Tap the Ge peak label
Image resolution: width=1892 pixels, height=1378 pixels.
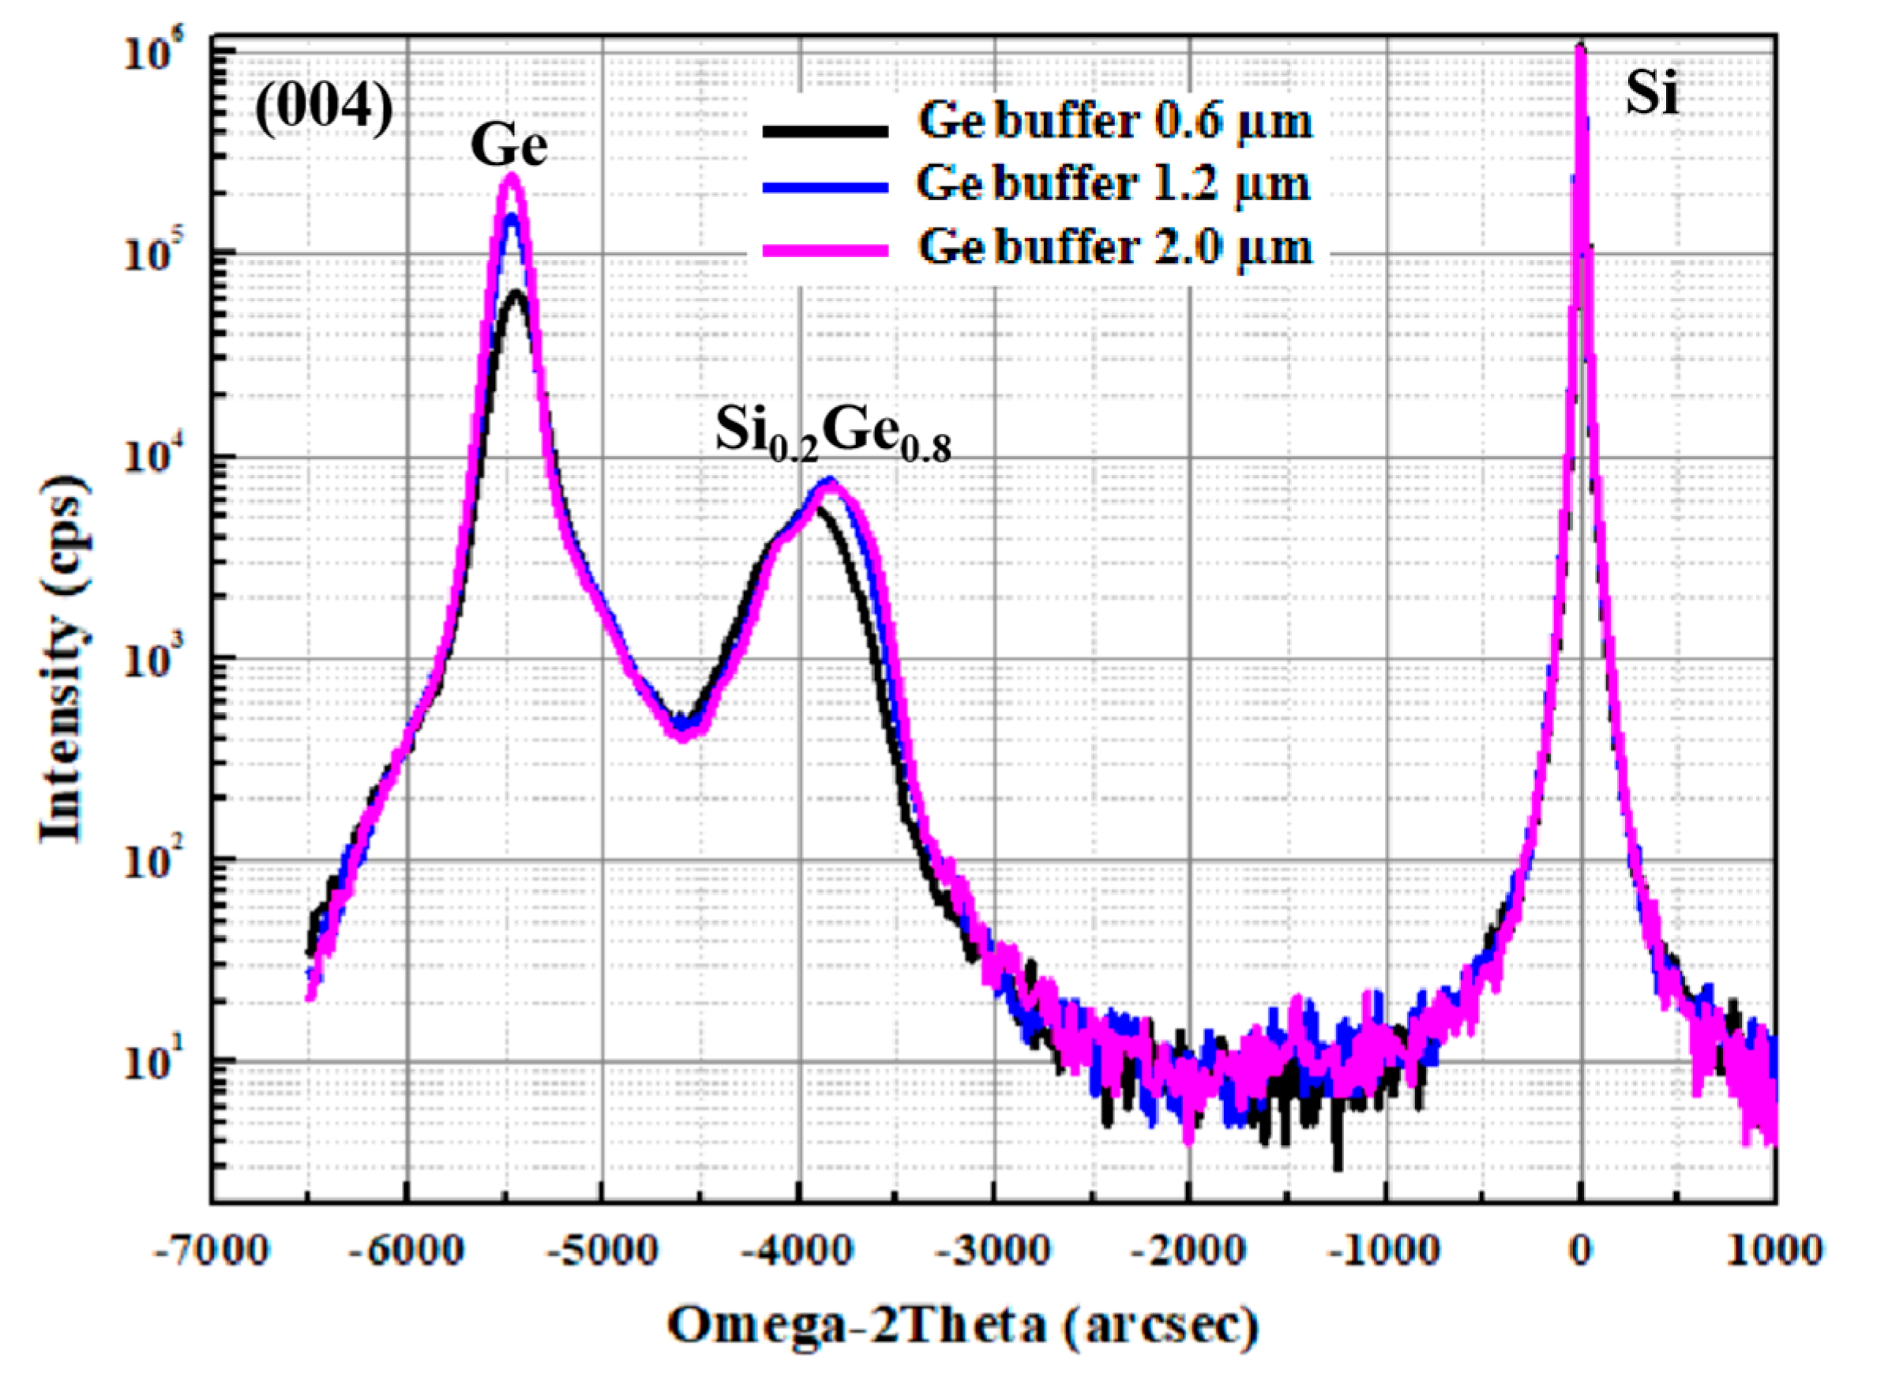click(x=509, y=145)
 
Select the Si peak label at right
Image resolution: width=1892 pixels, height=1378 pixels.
click(x=1651, y=94)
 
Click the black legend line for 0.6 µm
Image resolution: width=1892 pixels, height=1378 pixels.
click(x=824, y=130)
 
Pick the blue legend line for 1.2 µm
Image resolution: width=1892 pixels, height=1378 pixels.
click(x=824, y=189)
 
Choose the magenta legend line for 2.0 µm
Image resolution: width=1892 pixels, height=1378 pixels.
click(x=824, y=250)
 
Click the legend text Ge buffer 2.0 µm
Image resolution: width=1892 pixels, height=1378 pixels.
click(x=1115, y=248)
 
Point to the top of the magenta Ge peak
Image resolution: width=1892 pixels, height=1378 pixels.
click(x=512, y=176)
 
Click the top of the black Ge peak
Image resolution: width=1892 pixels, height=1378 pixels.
click(x=516, y=293)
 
